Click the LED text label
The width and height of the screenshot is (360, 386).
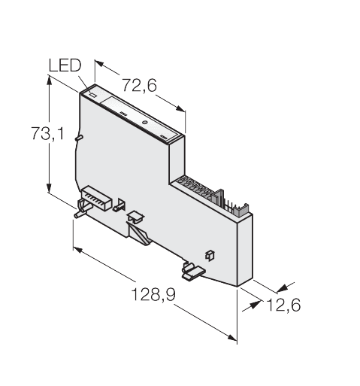pyautogui.click(x=65, y=65)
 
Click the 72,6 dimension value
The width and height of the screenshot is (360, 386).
pyautogui.click(x=139, y=85)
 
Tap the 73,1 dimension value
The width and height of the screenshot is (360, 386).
pyautogui.click(x=47, y=133)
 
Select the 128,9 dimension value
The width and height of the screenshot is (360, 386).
pyautogui.click(x=153, y=294)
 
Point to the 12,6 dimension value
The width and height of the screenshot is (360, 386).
pyautogui.click(x=283, y=305)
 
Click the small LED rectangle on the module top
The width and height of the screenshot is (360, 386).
pyautogui.click(x=92, y=96)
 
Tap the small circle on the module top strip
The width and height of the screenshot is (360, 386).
pyautogui.click(x=144, y=123)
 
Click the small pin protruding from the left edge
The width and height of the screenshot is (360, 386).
pyautogui.click(x=79, y=138)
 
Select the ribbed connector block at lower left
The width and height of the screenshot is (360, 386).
pyautogui.click(x=96, y=198)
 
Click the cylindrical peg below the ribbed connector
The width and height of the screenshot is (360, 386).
pyautogui.click(x=82, y=209)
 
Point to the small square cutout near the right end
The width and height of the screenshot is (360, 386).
pyautogui.click(x=209, y=256)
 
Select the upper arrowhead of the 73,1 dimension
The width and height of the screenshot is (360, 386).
pyautogui.click(x=50, y=80)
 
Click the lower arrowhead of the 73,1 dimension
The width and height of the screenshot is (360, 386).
pyautogui.click(x=49, y=188)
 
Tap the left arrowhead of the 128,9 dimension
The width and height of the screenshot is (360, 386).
pyautogui.click(x=77, y=250)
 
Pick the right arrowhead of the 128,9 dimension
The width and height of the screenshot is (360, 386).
pyautogui.click(x=231, y=337)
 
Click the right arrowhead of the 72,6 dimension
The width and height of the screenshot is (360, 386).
pyautogui.click(x=180, y=108)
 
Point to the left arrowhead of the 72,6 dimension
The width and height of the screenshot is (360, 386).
pyautogui.click(x=99, y=63)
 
